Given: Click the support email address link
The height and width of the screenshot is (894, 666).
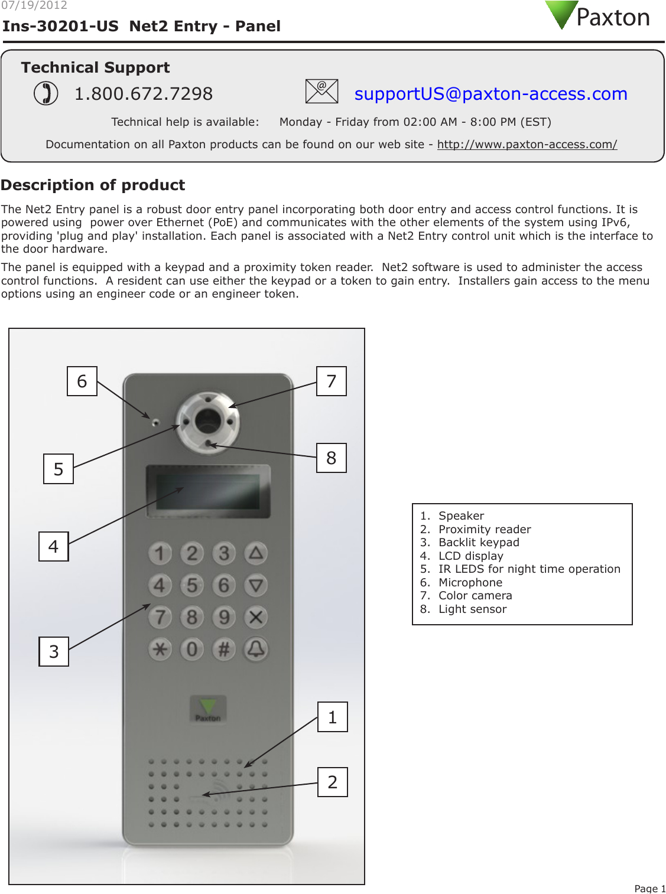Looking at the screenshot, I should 490,94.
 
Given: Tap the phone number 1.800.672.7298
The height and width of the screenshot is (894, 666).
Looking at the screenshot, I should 143,94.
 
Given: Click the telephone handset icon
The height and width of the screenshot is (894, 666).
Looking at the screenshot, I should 46,93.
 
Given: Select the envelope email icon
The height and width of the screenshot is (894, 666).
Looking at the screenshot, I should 321,92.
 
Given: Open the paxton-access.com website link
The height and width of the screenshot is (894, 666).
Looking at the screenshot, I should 527,145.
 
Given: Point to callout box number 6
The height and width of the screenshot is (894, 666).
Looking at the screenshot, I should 82,381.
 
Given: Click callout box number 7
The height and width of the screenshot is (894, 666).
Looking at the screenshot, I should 332,381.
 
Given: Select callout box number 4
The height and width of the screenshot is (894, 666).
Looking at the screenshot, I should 54,547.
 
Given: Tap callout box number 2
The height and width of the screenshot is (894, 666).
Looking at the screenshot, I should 333,782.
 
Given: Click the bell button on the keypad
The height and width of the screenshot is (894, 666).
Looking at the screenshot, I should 256,650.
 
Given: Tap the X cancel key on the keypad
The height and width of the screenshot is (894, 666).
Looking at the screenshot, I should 256,618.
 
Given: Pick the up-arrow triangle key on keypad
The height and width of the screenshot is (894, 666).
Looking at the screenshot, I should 256,553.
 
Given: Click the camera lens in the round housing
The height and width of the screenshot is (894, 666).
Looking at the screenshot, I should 208,421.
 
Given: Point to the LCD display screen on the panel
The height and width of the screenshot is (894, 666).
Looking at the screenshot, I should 207,491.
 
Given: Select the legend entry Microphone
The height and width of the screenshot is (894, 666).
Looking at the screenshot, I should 470,583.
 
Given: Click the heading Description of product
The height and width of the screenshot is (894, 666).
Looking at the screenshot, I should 93,185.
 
